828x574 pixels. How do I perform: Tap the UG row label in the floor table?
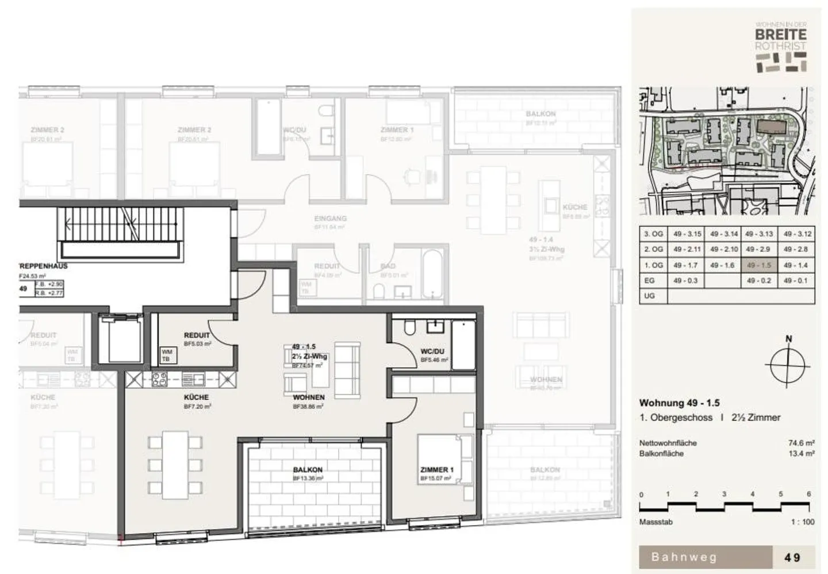click(649, 296)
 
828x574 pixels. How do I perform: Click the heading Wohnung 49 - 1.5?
click(679, 403)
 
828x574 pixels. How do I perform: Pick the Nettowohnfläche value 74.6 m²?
click(801, 443)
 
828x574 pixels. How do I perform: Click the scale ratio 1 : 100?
click(802, 522)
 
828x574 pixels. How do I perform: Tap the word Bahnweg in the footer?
click(684, 557)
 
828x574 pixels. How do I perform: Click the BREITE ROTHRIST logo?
click(780, 48)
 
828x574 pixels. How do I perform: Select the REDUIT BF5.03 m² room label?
click(197, 339)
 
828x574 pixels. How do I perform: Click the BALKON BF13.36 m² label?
click(308, 473)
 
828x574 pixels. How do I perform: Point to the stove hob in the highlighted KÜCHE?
click(159, 379)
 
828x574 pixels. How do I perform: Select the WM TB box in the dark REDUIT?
click(167, 355)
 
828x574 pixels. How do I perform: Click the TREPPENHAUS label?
click(44, 266)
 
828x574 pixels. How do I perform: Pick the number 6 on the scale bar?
click(808, 494)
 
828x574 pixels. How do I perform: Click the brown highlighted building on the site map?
click(771, 125)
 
